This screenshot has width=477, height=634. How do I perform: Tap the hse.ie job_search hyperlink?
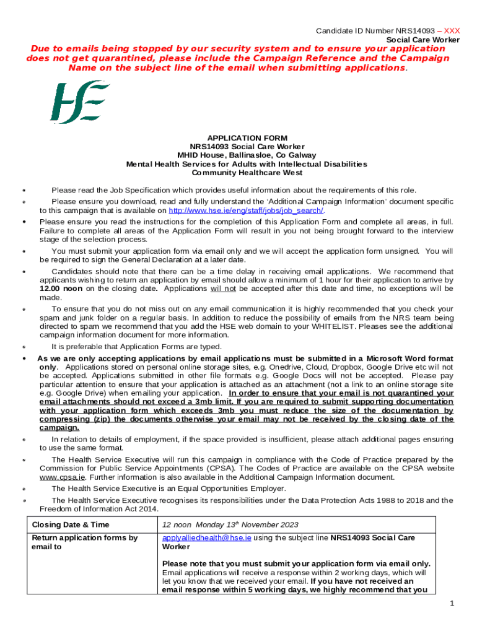click(246, 211)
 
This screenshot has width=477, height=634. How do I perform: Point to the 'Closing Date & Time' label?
click(70, 524)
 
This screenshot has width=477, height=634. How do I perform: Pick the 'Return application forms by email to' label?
click(84, 542)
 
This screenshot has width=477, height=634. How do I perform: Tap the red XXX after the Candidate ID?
click(452, 31)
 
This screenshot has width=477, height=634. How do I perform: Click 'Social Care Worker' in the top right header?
click(423, 40)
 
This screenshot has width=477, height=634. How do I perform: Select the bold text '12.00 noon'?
click(61, 289)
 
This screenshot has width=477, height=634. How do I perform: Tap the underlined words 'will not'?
click(224, 289)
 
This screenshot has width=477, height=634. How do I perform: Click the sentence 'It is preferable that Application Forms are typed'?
click(136, 347)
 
